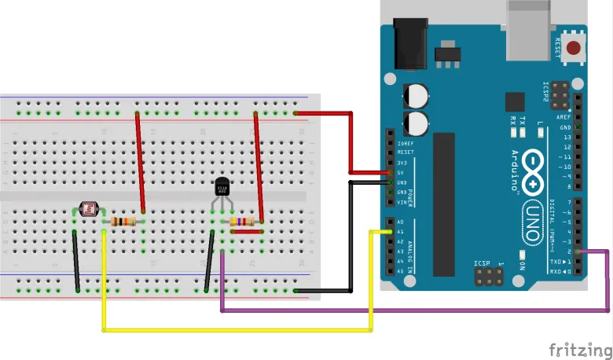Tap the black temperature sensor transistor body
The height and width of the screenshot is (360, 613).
[x=223, y=188]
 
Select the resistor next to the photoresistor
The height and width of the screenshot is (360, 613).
[x=124, y=222]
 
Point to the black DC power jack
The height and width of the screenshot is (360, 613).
[x=409, y=43]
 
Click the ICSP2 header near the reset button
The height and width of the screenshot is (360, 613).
[x=558, y=95]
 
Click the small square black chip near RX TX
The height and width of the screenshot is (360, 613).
[x=515, y=101]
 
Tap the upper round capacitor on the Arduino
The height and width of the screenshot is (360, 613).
[x=417, y=96]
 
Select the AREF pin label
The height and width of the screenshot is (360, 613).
[x=564, y=117]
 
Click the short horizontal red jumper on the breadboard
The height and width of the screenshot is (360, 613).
[x=247, y=231]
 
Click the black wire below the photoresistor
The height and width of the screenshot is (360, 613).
[x=77, y=261]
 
